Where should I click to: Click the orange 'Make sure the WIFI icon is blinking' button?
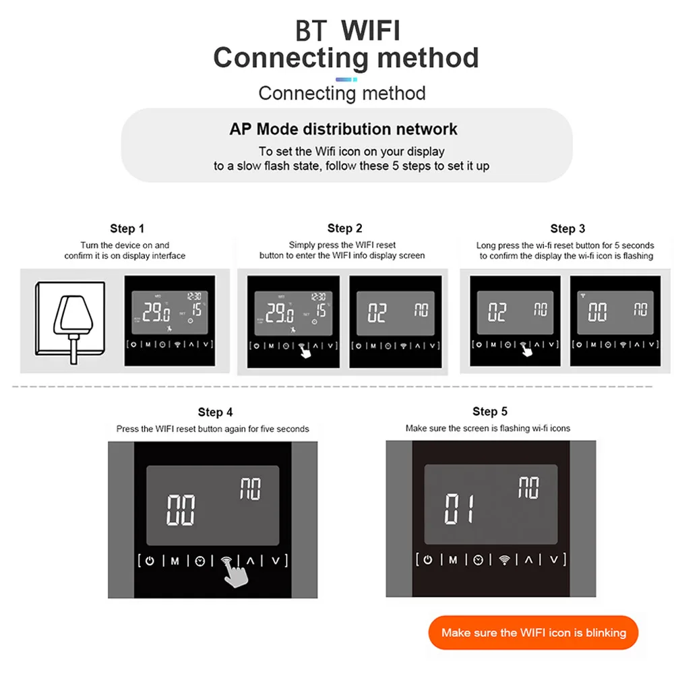click(x=533, y=632)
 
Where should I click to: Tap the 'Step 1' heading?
click(x=127, y=228)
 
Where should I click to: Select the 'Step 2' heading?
click(x=344, y=228)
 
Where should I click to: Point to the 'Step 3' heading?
click(x=568, y=228)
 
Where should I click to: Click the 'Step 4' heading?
click(x=215, y=412)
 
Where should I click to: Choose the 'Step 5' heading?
click(x=490, y=411)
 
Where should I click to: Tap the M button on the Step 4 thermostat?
click(x=175, y=561)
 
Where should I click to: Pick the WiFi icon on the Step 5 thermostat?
click(x=503, y=559)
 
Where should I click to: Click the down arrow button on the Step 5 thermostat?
click(x=553, y=559)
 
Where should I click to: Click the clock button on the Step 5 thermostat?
click(x=478, y=559)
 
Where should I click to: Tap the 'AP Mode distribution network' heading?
click(x=343, y=129)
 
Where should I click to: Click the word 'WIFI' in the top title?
click(x=370, y=31)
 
